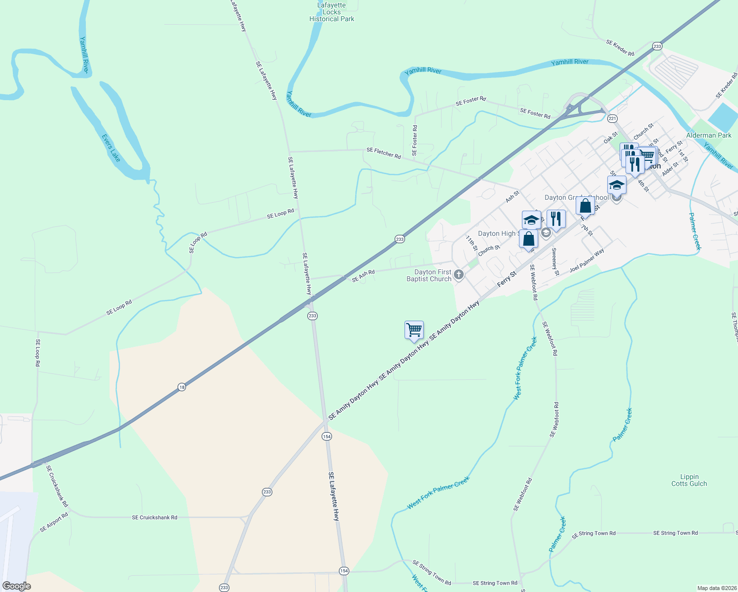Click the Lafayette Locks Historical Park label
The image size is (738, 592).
(x=332, y=12)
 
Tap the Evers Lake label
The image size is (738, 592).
(x=111, y=148)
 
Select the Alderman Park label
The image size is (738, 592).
(x=709, y=135)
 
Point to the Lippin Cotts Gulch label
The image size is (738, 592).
(x=689, y=480)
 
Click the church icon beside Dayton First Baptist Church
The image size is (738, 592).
(x=459, y=275)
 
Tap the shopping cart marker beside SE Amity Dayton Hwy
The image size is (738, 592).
(x=414, y=330)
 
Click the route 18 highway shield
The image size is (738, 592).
(x=182, y=387)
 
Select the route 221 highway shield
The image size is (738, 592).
(x=612, y=118)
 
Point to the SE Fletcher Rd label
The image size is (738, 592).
(x=384, y=153)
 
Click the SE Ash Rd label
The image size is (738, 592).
(x=363, y=276)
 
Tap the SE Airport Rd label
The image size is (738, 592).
(x=54, y=522)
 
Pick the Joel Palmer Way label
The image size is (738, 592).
(x=587, y=261)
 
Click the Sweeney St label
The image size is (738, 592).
(x=555, y=262)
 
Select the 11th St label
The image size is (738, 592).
(x=472, y=243)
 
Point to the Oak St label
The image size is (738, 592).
(x=611, y=138)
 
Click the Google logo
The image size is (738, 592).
(x=16, y=586)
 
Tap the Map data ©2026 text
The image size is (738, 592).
(x=716, y=588)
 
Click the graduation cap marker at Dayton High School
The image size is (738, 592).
(x=531, y=220)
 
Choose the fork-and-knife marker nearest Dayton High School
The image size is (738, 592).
(x=556, y=219)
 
